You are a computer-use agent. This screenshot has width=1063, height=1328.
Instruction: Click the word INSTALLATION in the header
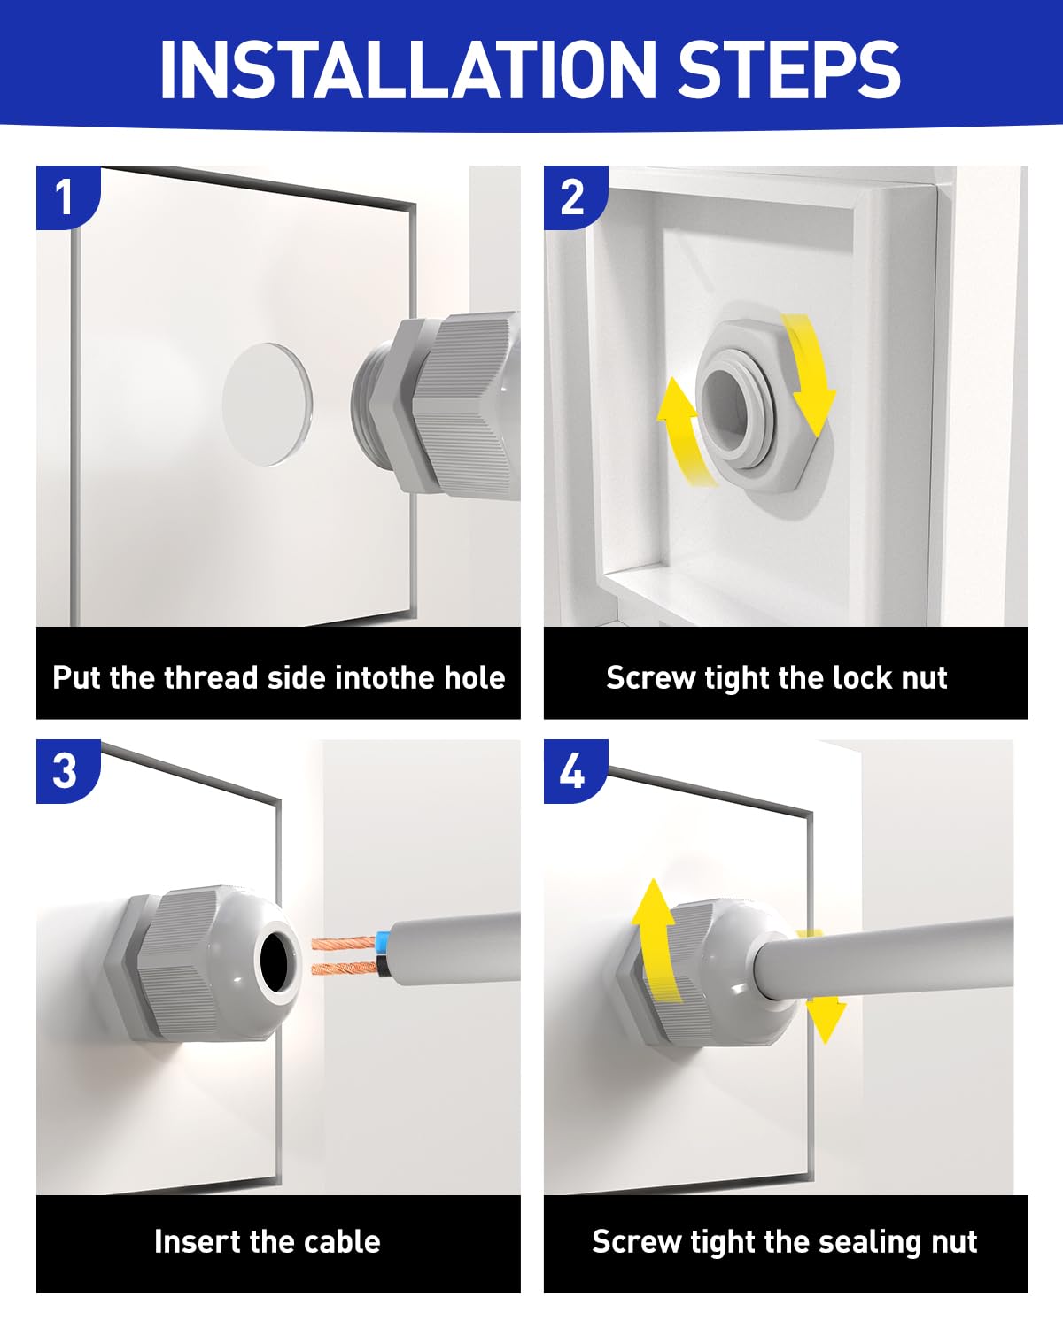tap(407, 68)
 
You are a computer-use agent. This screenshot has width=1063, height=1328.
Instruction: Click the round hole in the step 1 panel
tap(267, 405)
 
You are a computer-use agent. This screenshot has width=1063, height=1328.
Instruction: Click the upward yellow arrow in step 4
tap(656, 938)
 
